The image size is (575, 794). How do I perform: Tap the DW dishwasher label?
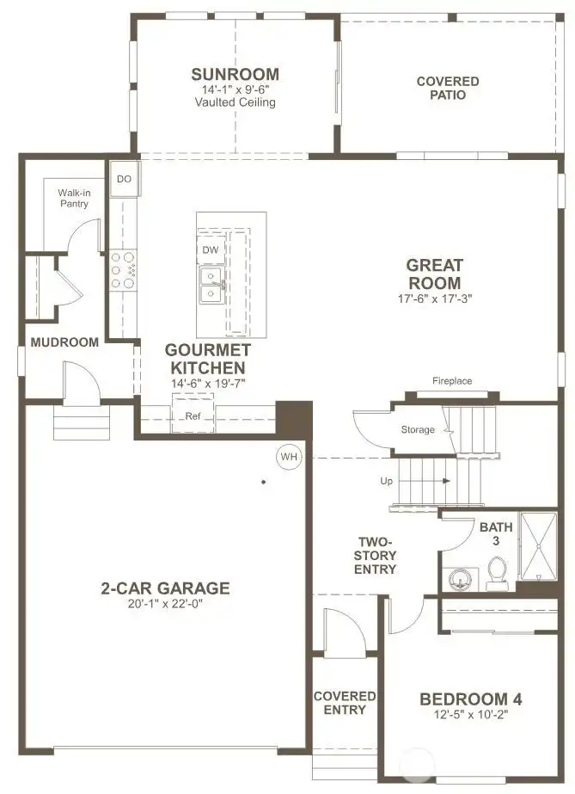tap(210, 249)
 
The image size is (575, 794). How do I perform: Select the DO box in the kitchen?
tap(124, 179)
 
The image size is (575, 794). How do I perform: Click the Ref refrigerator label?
tap(193, 415)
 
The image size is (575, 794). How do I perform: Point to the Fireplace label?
tap(452, 381)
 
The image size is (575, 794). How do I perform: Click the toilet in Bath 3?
tap(497, 574)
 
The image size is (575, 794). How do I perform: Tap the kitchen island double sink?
tap(210, 285)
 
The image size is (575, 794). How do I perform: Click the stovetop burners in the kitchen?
tap(124, 269)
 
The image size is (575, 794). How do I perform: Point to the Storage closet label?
tap(418, 429)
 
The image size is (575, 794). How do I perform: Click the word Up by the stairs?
tap(387, 481)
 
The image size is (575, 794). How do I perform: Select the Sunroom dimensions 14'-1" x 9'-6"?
tap(235, 89)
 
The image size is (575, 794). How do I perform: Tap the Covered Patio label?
tap(448, 88)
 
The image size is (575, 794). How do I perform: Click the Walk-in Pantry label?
tap(74, 198)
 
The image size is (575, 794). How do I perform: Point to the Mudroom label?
tap(64, 342)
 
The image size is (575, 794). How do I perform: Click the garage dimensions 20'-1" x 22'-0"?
tap(165, 604)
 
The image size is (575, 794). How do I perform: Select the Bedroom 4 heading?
tap(470, 699)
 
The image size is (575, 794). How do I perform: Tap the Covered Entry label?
tap(345, 703)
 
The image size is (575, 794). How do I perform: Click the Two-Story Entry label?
tap(376, 556)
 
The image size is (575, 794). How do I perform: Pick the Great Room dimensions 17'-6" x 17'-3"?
tap(434, 299)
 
